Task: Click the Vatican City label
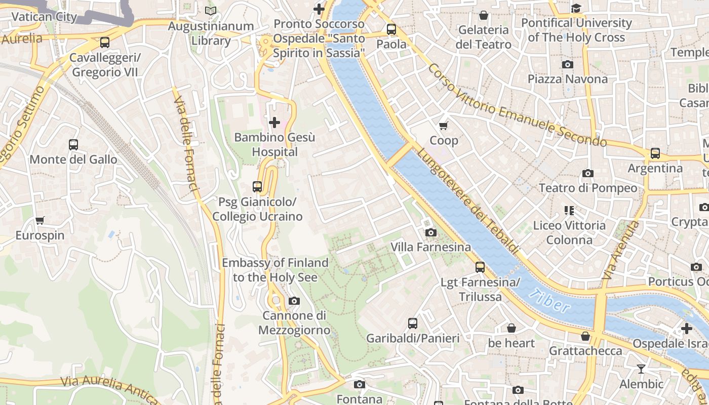(x=44, y=17)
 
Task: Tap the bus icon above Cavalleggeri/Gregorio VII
(x=105, y=43)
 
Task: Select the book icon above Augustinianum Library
(x=211, y=11)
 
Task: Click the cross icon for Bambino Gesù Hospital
(x=274, y=123)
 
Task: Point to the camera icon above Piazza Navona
(x=568, y=64)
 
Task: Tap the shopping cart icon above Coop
(x=444, y=126)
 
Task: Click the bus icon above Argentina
(x=655, y=153)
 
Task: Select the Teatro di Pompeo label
(x=587, y=188)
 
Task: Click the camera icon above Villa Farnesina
(x=431, y=232)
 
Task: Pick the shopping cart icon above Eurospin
(x=40, y=220)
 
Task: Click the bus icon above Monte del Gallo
(x=73, y=145)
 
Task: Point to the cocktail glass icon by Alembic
(x=641, y=369)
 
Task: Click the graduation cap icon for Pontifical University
(x=576, y=8)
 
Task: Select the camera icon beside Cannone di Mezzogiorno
(x=294, y=301)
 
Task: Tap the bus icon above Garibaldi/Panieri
(x=413, y=323)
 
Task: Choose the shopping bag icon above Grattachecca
(x=585, y=336)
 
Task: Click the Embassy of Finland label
(x=275, y=270)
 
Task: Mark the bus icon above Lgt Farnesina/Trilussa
(x=480, y=267)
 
